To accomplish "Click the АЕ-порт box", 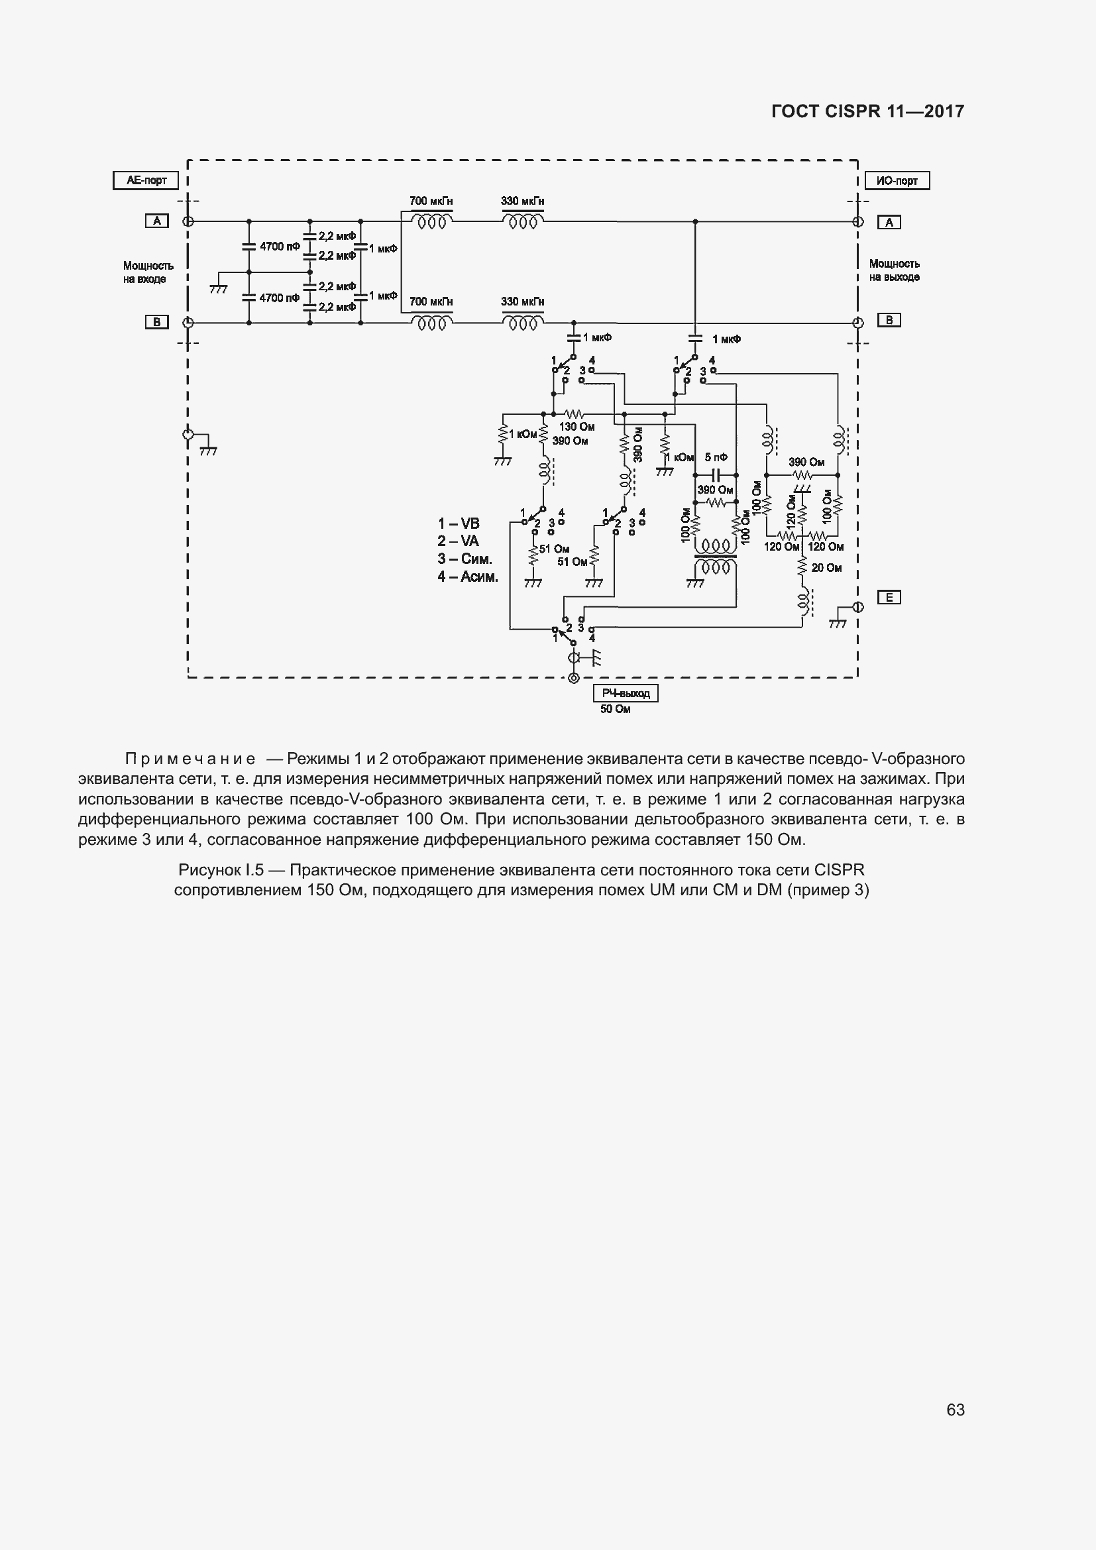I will (x=146, y=181).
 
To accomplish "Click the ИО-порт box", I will (x=897, y=181).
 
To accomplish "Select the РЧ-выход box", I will (x=626, y=693).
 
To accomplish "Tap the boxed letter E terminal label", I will (x=889, y=598).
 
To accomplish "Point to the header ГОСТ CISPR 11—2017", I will (x=867, y=111).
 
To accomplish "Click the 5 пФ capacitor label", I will (x=716, y=458).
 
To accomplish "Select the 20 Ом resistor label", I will (x=826, y=569).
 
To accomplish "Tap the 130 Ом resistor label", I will (x=576, y=427).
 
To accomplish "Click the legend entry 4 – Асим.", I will (x=468, y=577).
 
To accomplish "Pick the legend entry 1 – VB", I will (x=459, y=524).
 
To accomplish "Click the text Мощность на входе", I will (x=148, y=273).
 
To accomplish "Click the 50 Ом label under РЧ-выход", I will (x=616, y=710).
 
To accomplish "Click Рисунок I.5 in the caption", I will (x=221, y=869).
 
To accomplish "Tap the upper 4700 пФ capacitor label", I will (x=280, y=247).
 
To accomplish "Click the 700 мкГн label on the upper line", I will (x=431, y=201).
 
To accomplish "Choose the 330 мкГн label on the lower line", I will (x=522, y=302).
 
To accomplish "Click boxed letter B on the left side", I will (x=156, y=322).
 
